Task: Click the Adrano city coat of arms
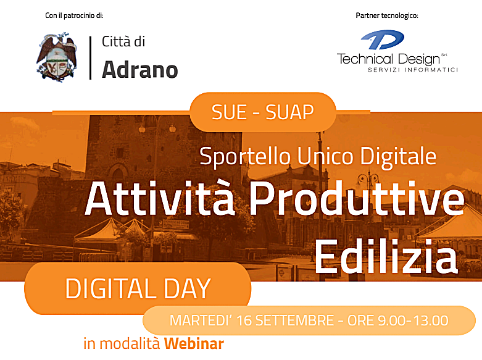pyautogui.click(x=57, y=57)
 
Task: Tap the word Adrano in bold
pyautogui.click(x=140, y=70)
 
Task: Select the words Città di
pyautogui.click(x=123, y=41)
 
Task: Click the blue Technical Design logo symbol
pyautogui.click(x=382, y=40)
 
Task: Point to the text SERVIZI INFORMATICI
pyautogui.click(x=413, y=70)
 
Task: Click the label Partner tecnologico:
pyautogui.click(x=387, y=15)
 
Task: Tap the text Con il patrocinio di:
pyautogui.click(x=74, y=15)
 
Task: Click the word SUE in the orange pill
pyautogui.click(x=230, y=112)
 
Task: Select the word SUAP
pyautogui.click(x=289, y=112)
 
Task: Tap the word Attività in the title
pyautogui.click(x=160, y=198)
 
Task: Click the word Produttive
pyautogui.click(x=357, y=198)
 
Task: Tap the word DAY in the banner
pyautogui.click(x=187, y=288)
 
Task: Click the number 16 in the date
pyautogui.click(x=244, y=320)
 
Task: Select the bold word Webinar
pyautogui.click(x=194, y=343)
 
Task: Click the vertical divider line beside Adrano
pyautogui.click(x=90, y=58)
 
